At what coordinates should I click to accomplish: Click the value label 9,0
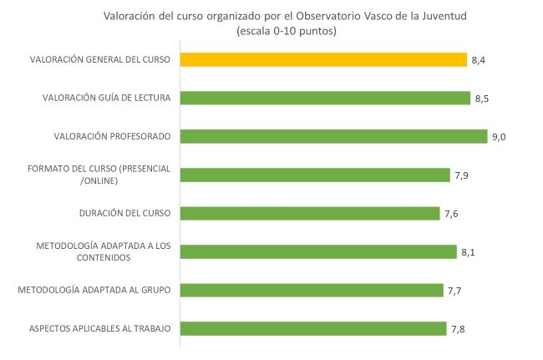pos(499,137)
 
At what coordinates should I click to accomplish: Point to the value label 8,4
pos(478,60)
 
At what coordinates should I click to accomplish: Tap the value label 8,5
pos(482,99)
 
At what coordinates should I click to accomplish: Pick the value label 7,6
pos(451,214)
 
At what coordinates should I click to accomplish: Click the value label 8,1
pos(468,252)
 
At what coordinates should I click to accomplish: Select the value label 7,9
pos(461,175)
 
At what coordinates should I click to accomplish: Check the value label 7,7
pos(454,291)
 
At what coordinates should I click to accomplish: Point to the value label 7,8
pos(458,329)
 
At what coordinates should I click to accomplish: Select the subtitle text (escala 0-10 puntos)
pos(287,31)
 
